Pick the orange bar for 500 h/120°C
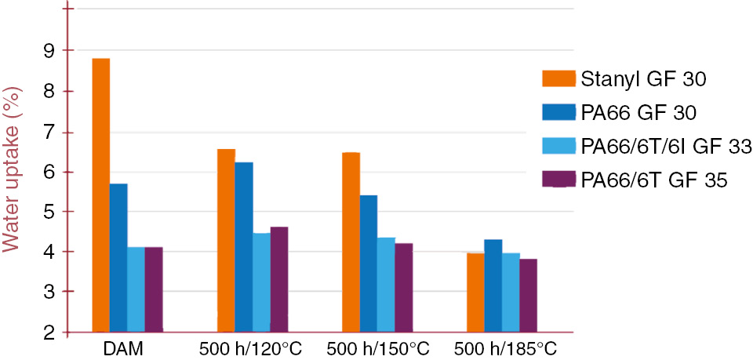(x=226, y=239)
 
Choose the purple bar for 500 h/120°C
(x=279, y=278)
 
